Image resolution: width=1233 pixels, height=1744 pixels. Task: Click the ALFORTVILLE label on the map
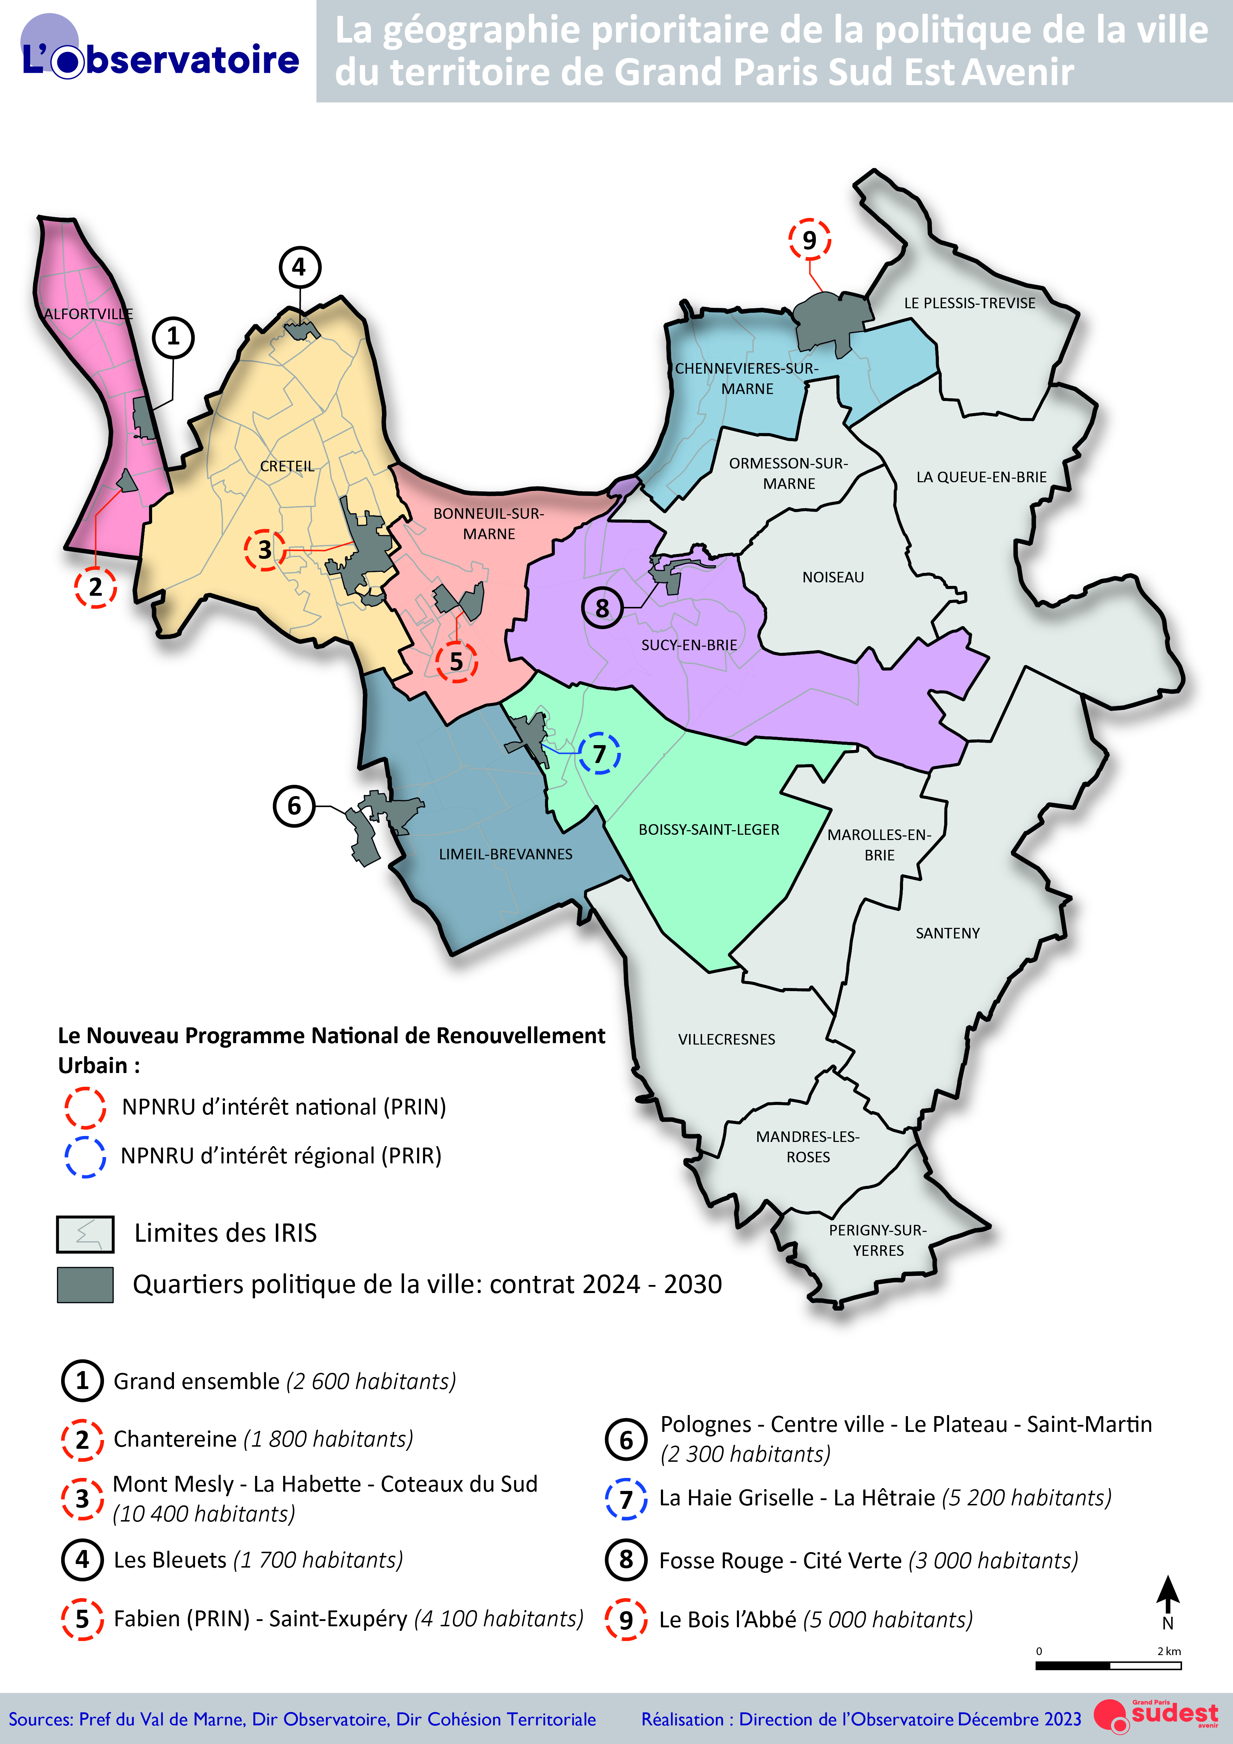pos(88,314)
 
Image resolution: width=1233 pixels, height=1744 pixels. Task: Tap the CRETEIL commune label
pos(287,466)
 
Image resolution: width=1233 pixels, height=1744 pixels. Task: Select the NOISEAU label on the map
pos(833,577)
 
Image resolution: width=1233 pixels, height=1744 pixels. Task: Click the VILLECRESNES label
pos(727,1039)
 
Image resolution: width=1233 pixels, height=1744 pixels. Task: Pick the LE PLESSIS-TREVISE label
pos(969,303)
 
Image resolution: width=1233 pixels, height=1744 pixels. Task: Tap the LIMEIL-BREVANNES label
pos(506,854)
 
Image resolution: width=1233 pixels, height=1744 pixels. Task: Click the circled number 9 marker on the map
pos(809,240)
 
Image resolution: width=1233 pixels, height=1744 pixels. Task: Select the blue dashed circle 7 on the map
pos(599,754)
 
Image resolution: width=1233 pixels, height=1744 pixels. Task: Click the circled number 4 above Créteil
pos(300,267)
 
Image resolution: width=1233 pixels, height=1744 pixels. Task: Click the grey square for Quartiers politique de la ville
pos(85,1285)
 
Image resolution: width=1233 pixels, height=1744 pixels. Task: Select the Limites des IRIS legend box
pos(85,1234)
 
